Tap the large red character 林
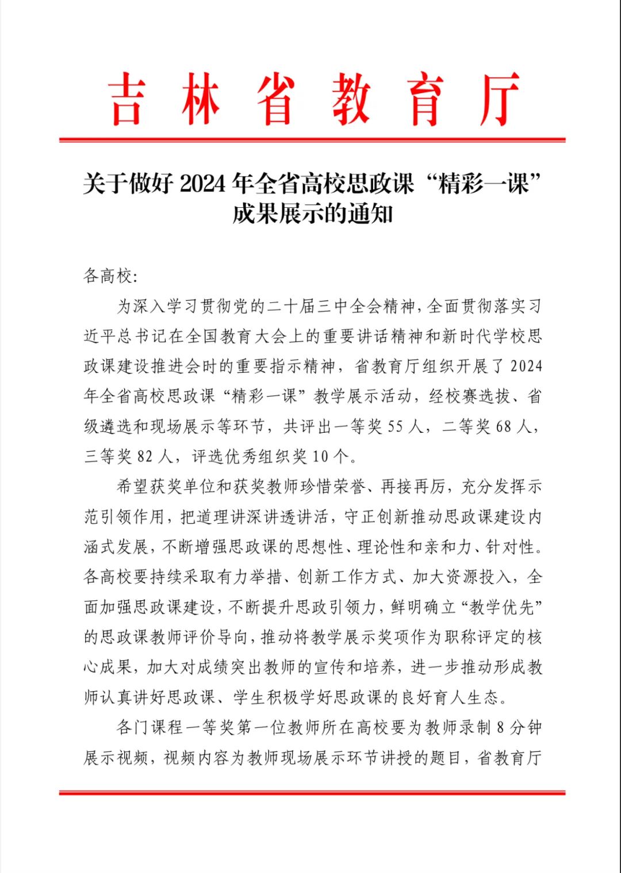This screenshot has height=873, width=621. click(x=201, y=99)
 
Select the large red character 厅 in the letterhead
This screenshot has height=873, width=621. click(x=499, y=99)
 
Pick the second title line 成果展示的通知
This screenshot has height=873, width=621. click(x=312, y=214)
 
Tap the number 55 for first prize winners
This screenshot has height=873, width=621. click(x=395, y=426)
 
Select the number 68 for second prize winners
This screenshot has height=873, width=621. click(x=503, y=426)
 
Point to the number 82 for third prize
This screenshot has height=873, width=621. click(x=145, y=456)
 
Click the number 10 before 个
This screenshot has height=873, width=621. click(x=320, y=456)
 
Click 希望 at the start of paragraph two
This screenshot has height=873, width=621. click(x=133, y=487)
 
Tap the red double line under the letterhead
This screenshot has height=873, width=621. click(x=312, y=139)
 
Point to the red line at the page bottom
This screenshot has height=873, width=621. click(x=312, y=792)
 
